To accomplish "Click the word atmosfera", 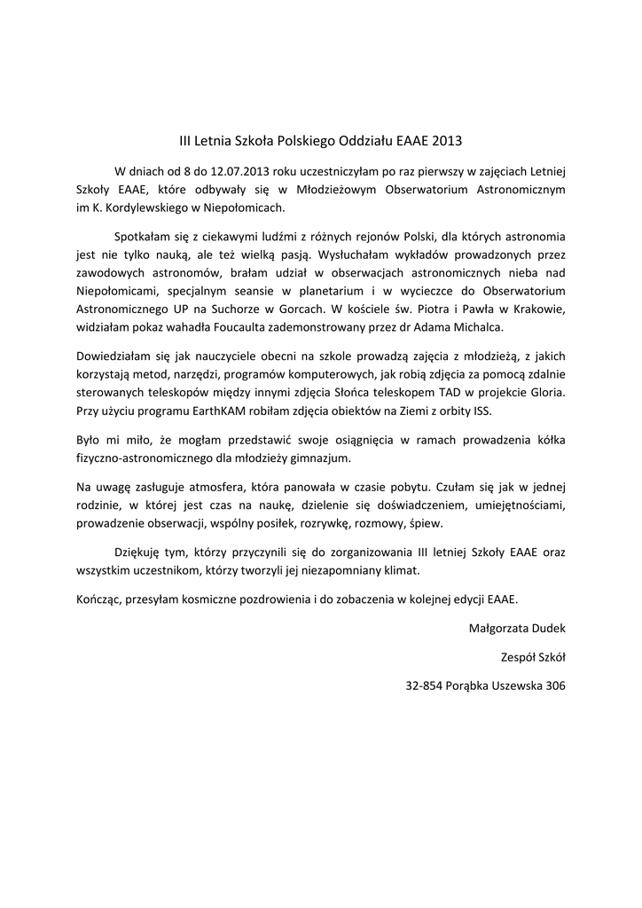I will click(194, 487).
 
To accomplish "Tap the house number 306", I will click(555, 685).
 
